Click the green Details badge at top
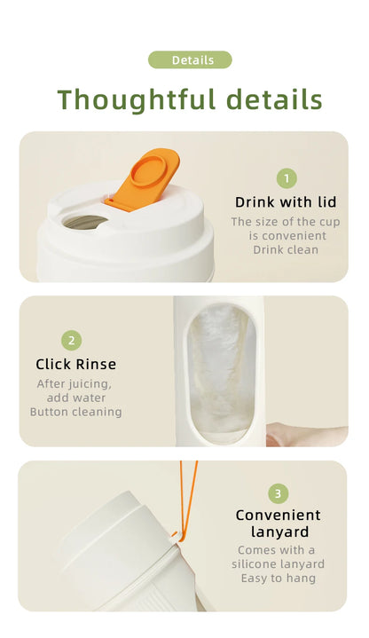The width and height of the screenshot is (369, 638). pyautogui.click(x=190, y=60)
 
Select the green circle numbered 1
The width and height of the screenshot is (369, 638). pyautogui.click(x=286, y=178)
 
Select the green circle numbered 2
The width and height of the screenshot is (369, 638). pyautogui.click(x=72, y=340)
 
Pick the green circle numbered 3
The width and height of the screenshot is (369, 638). pyautogui.click(x=278, y=493)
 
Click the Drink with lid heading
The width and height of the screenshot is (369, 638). pyautogui.click(x=286, y=202)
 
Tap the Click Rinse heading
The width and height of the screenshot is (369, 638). pyautogui.click(x=75, y=364)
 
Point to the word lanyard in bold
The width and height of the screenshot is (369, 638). pyautogui.click(x=278, y=532)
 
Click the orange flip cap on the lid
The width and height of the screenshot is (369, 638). pyautogui.click(x=145, y=176)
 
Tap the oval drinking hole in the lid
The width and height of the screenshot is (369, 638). pyautogui.click(x=86, y=221)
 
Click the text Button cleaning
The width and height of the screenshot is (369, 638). pyautogui.click(x=75, y=412)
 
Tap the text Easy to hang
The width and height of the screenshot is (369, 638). pyautogui.click(x=278, y=579)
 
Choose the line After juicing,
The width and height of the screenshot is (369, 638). pyautogui.click(x=75, y=384)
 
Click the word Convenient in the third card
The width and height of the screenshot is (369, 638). pyautogui.click(x=278, y=516)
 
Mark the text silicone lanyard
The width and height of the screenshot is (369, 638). pyautogui.click(x=278, y=564)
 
